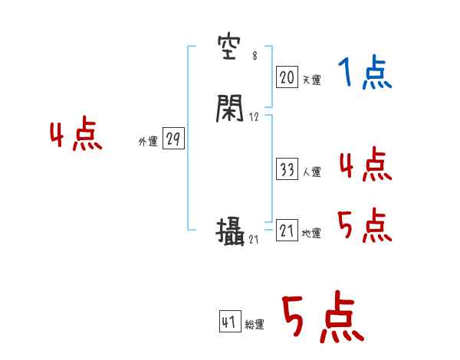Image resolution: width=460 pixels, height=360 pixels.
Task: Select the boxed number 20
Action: [x=287, y=77]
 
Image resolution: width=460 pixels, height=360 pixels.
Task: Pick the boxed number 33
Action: [x=287, y=170]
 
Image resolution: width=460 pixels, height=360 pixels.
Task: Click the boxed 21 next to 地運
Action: [x=287, y=231]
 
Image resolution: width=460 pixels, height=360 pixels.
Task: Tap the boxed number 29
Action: [x=173, y=139]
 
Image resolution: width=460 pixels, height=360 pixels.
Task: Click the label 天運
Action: [x=311, y=79]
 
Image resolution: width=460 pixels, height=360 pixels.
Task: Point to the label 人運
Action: [x=311, y=172]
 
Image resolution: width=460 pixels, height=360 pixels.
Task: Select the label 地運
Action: [x=311, y=234]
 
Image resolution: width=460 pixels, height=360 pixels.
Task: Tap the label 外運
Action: [x=148, y=142]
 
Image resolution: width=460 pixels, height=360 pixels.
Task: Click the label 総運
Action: [x=255, y=324]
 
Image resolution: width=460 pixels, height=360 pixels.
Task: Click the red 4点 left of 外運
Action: [x=76, y=136]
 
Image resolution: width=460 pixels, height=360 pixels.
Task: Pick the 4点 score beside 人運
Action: [x=365, y=165]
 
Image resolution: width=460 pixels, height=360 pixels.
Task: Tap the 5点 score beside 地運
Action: [x=365, y=226]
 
